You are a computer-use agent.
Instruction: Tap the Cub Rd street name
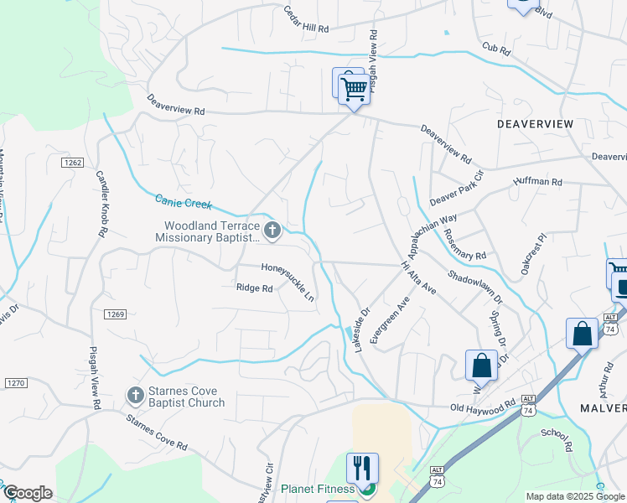496,50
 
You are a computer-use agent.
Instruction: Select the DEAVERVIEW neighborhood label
535,124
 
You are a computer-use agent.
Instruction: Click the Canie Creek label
184,202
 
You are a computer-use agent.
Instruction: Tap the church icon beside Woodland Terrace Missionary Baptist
272,231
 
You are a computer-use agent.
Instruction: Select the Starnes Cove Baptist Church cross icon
134,395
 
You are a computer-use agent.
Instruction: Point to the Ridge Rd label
255,288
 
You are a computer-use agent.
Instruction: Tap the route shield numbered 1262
71,162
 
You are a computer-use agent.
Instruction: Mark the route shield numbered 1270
16,383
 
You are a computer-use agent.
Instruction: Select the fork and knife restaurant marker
362,466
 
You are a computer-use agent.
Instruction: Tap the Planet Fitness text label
319,489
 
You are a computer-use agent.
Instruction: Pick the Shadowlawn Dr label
474,287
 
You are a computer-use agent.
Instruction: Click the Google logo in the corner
28,493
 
